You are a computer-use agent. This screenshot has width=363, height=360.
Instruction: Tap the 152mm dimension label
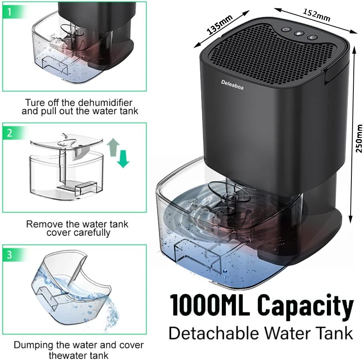point(317,15)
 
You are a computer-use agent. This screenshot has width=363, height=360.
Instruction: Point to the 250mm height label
point(359,138)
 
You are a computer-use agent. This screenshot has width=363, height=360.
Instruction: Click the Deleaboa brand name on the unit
point(232,84)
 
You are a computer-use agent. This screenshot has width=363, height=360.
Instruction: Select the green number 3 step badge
point(10,255)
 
